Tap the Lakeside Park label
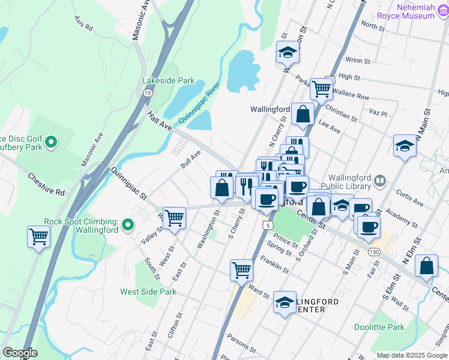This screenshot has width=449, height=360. coord(169,80)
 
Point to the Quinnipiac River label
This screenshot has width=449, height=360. coord(199,103)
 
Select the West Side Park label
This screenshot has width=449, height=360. coord(148,292)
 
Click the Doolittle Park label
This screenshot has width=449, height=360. coord(396,327)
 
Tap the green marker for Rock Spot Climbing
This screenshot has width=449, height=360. coord(127,226)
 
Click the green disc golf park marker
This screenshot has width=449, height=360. coord(52,142)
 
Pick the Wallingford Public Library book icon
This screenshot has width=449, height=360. coord(380,180)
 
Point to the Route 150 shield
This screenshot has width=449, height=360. coord(374,251)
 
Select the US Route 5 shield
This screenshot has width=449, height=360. coord(267,224)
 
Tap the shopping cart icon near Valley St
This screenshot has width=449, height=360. coord(174,217)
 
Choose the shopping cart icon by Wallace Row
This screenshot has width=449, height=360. coord(322,88)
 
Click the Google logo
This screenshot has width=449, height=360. coord(20,353)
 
